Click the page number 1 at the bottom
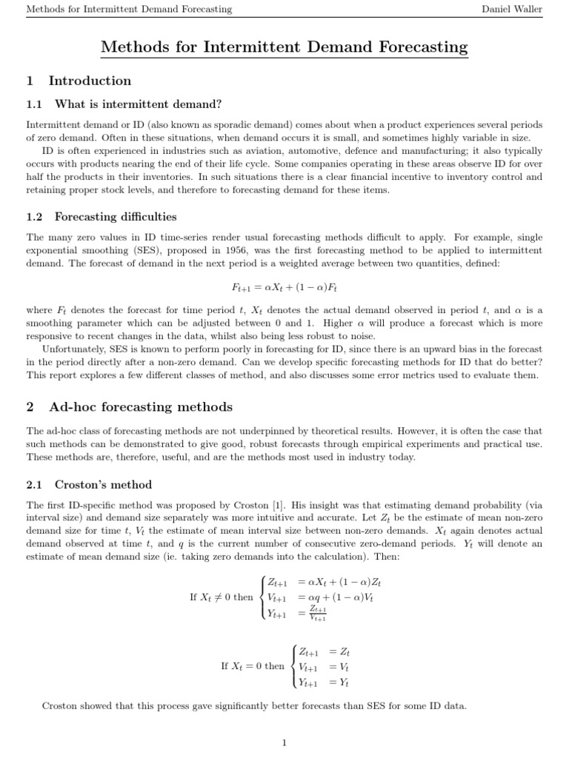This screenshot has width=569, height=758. (284, 742)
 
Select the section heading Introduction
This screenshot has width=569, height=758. (90, 81)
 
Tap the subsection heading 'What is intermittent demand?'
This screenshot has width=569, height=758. (138, 104)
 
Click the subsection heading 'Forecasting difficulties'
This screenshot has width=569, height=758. (116, 217)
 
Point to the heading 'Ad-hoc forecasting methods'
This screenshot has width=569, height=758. (141, 407)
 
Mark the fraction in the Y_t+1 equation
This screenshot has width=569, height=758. (318, 613)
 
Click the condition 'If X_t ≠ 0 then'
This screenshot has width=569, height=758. (222, 597)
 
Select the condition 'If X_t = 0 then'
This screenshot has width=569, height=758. (253, 665)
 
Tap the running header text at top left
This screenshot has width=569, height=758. (129, 9)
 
